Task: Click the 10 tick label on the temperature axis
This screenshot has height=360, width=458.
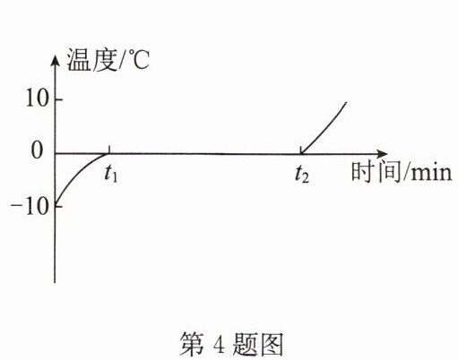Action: coord(37,99)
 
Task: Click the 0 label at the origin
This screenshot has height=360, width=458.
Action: coord(37,151)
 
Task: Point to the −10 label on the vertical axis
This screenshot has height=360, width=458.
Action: coord(30,206)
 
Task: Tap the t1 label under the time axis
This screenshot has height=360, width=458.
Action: coord(111,174)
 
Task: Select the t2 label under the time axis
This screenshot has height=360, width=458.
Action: coord(302,174)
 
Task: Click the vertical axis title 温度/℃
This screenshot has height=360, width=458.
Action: coord(108,60)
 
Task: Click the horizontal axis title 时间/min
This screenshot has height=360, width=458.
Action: coord(402,172)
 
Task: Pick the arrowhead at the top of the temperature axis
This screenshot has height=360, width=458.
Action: coord(55,61)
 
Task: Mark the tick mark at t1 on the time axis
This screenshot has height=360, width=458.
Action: coord(109,150)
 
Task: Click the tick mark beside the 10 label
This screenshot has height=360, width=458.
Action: coord(58,99)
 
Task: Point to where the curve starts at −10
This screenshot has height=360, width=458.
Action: coord(56,205)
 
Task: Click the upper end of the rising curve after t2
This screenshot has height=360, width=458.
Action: coord(346,102)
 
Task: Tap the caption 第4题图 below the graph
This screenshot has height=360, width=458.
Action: coord(231,344)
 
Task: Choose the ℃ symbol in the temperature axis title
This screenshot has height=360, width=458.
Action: coord(139,60)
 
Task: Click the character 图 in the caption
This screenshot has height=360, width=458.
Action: coord(271,344)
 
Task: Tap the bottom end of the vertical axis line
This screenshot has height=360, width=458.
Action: coord(55,282)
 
